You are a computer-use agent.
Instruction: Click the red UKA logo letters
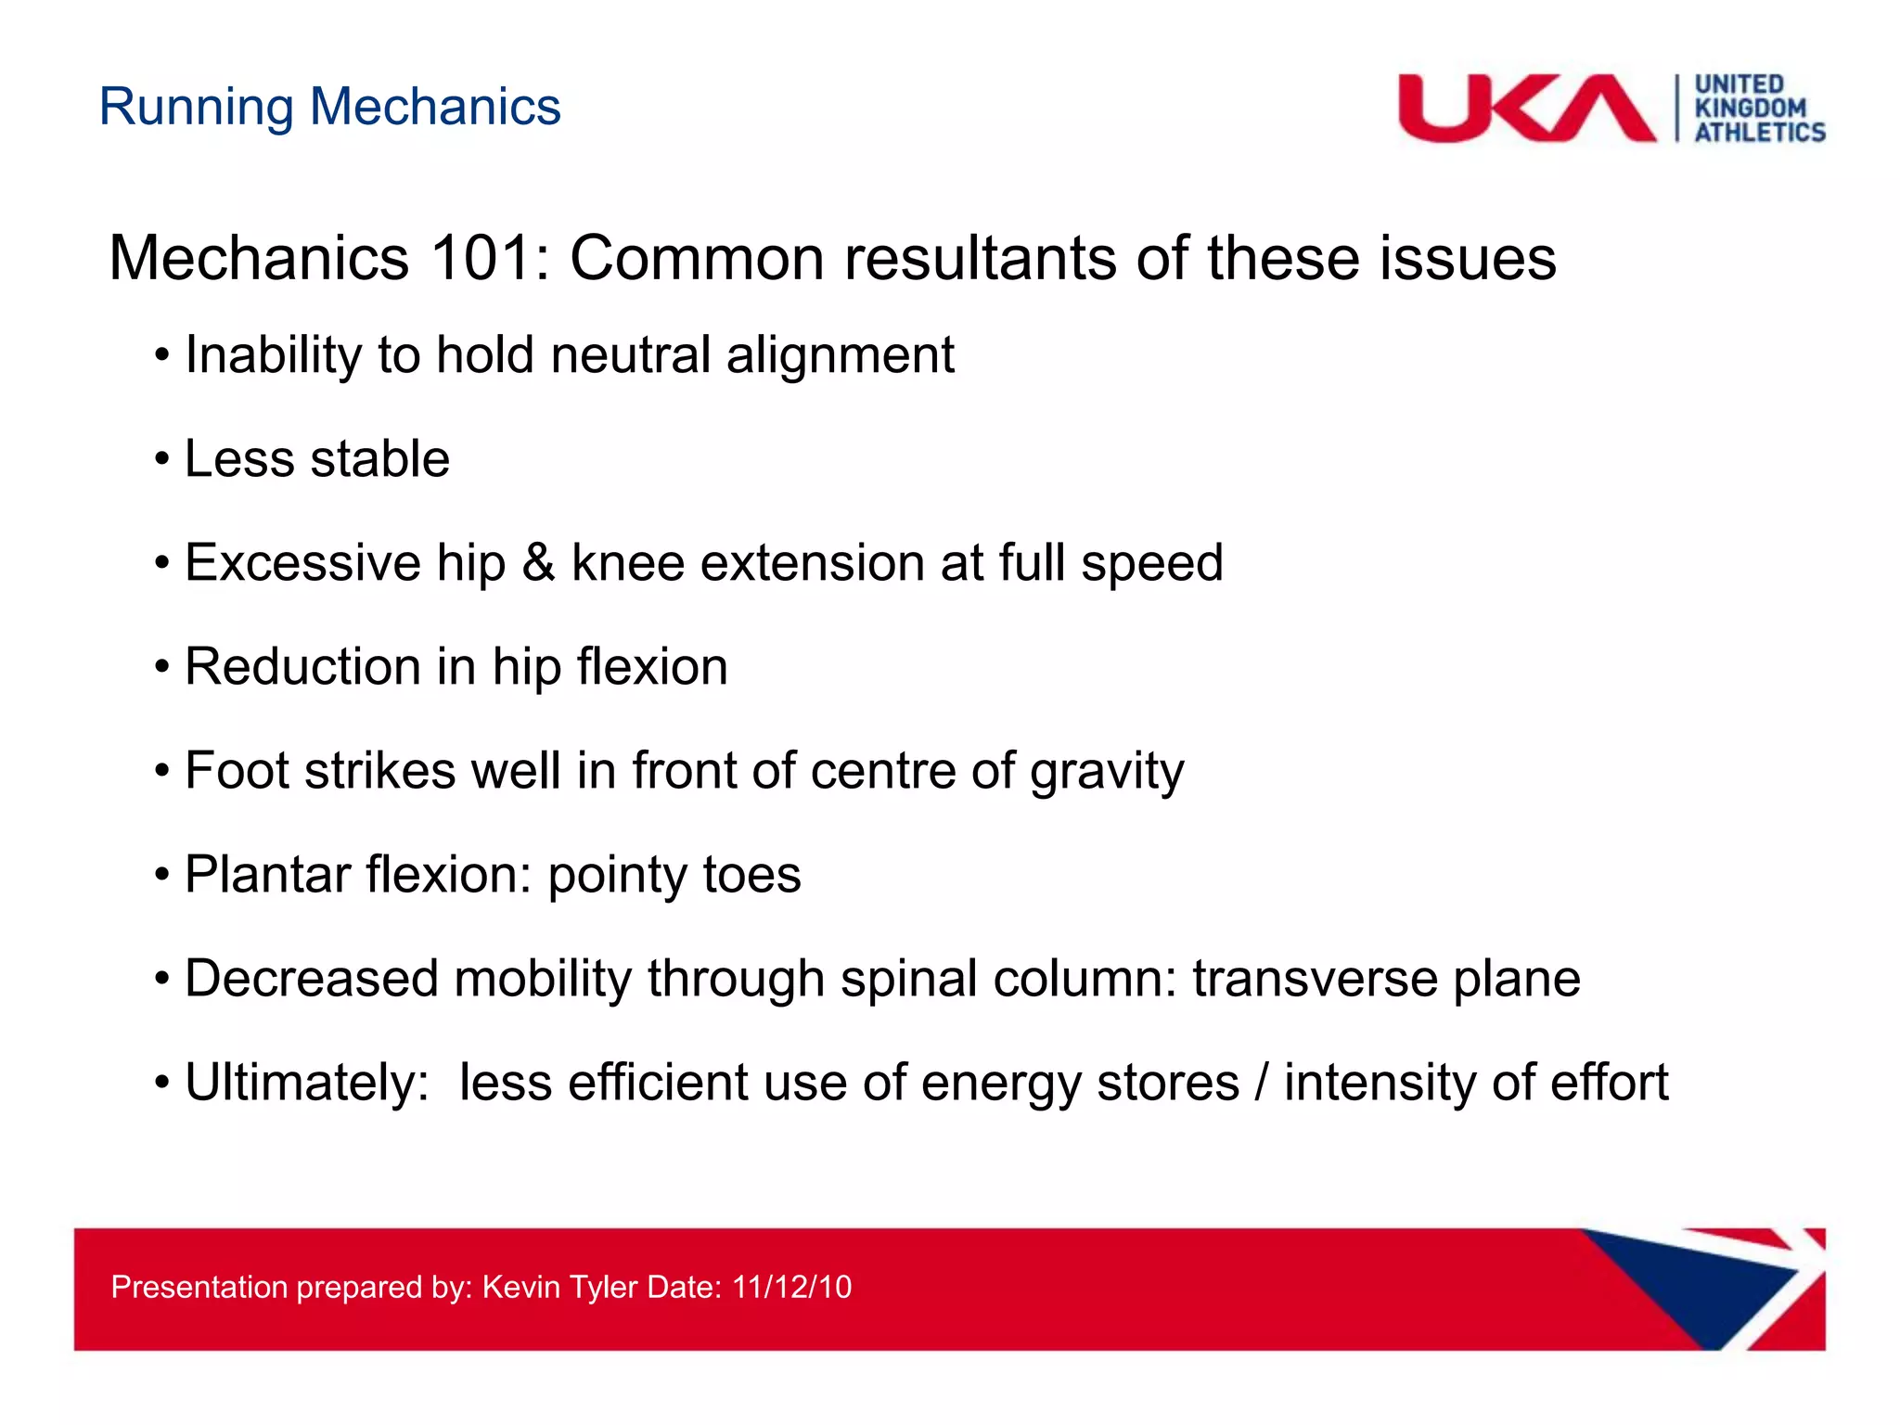click(x=1526, y=109)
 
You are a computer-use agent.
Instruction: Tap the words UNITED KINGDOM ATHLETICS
click(x=1758, y=109)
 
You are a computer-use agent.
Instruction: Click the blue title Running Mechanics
click(x=329, y=107)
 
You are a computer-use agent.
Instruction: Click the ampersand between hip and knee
click(x=538, y=563)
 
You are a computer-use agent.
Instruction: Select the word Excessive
click(x=302, y=563)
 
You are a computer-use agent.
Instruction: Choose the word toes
click(x=751, y=876)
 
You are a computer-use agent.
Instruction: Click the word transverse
click(x=1315, y=979)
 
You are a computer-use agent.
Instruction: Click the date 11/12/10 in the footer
click(x=791, y=1287)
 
